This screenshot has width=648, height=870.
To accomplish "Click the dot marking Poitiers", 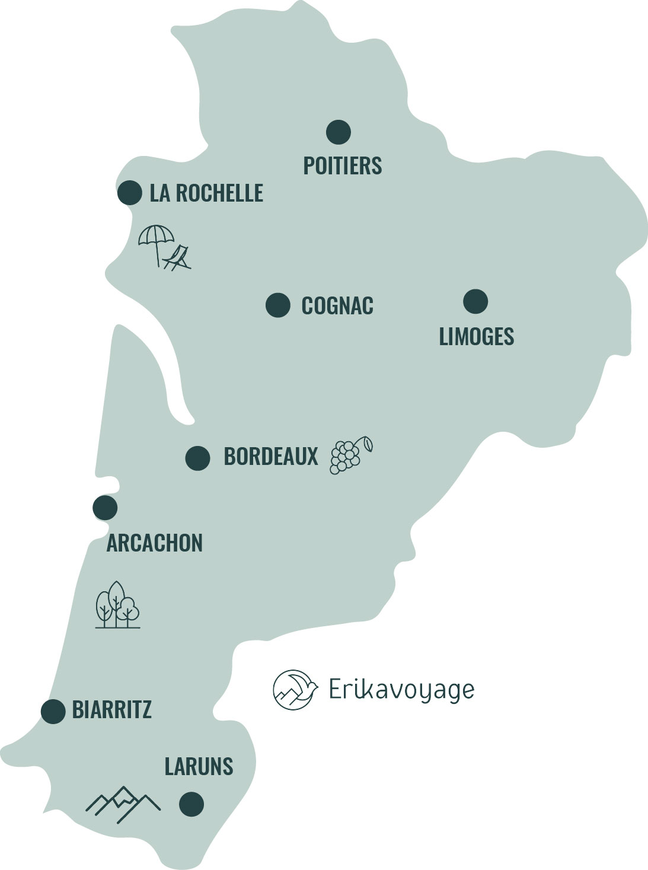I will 339,132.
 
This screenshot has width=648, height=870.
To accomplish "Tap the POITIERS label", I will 343,165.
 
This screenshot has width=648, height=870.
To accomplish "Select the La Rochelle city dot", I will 130,193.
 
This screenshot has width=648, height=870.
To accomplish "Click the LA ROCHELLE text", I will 206,193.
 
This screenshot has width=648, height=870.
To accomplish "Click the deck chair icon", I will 178,259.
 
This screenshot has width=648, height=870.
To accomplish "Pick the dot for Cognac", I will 277,305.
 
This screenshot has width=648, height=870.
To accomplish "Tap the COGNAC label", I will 337,306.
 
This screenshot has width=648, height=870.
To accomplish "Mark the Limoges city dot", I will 475,301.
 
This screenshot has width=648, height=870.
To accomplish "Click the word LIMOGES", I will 476,337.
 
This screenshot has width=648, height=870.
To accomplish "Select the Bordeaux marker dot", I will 197,458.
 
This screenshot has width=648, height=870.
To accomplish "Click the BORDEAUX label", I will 271,457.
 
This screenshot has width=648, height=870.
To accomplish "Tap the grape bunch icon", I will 350,455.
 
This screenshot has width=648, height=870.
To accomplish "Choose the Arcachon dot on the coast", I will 105,508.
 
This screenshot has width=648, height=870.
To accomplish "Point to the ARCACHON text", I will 154,543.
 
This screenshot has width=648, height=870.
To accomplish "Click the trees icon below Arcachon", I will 118,605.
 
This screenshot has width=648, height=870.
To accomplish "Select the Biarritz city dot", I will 53,711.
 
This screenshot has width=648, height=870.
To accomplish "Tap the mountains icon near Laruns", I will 123,804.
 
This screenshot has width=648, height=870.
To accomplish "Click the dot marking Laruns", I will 191,804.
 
